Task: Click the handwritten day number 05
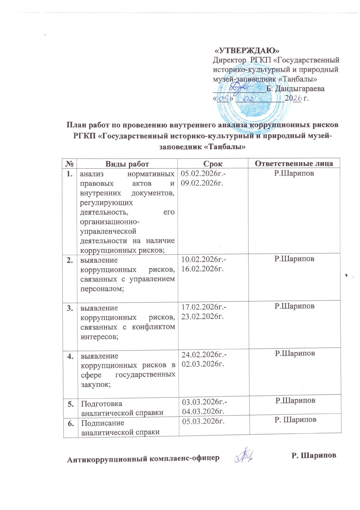(x=223, y=99)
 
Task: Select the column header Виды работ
(x=127, y=164)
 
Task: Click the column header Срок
(x=213, y=164)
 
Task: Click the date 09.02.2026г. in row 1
(x=202, y=183)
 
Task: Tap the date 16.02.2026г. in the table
(x=202, y=269)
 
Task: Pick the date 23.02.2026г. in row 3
(x=203, y=316)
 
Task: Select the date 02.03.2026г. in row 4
(x=203, y=364)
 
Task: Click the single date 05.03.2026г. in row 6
(x=203, y=421)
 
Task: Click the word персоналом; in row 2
(x=102, y=289)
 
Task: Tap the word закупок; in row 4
(x=96, y=384)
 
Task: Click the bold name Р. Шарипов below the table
(x=314, y=455)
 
